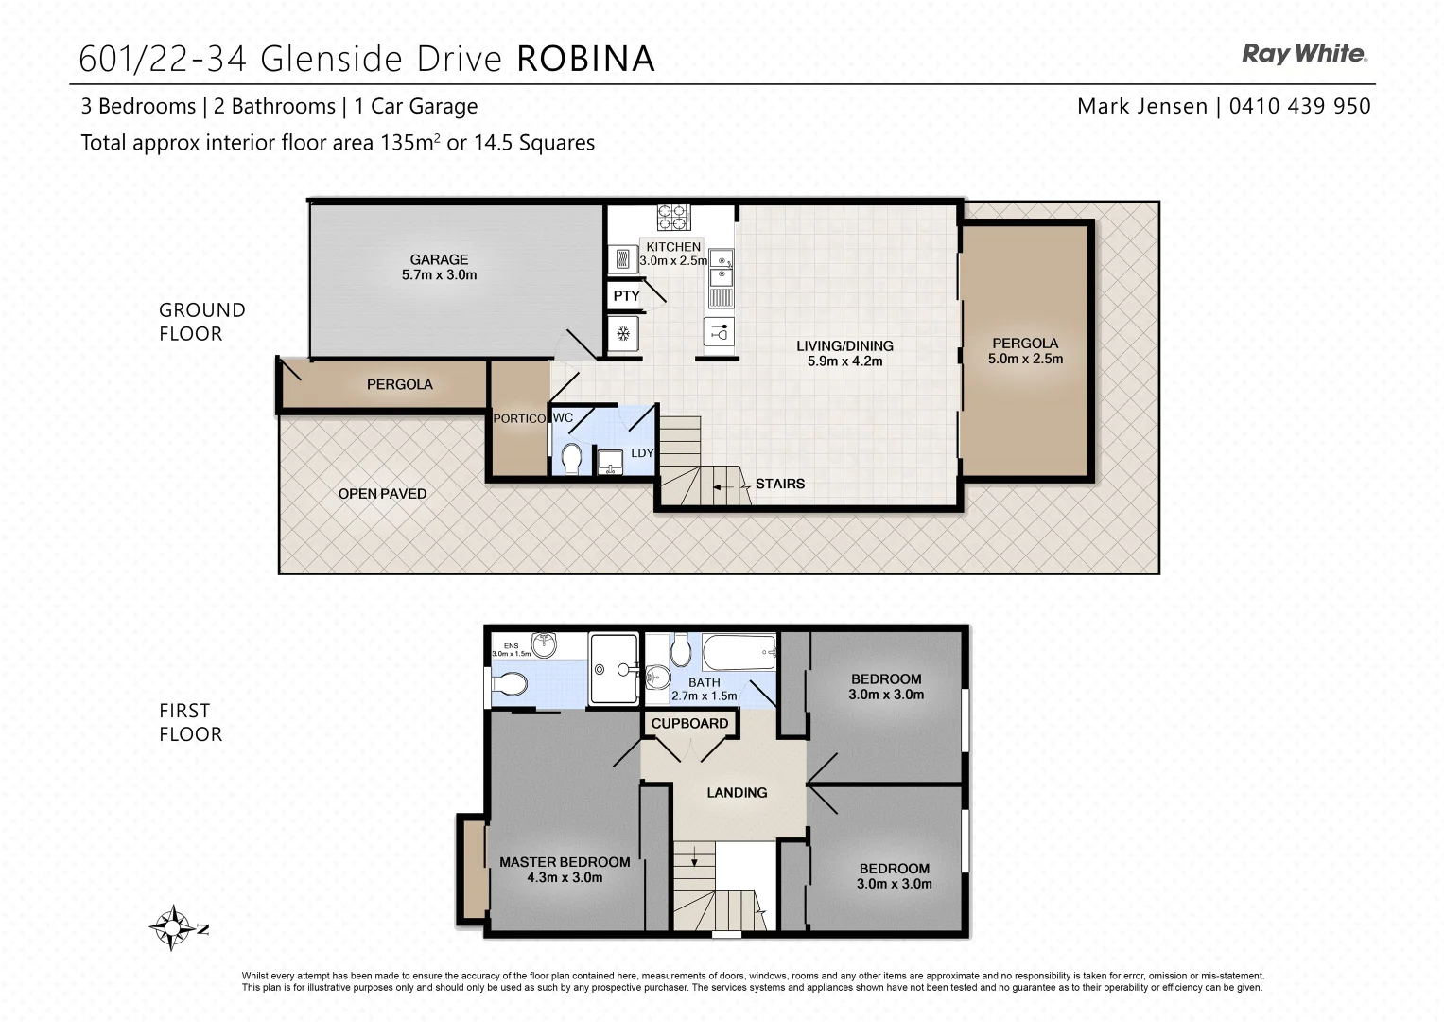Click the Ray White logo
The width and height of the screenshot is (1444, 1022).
click(1304, 54)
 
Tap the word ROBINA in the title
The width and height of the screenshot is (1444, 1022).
click(585, 59)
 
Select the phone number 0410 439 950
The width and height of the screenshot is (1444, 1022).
click(1299, 106)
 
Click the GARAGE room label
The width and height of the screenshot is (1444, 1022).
click(439, 259)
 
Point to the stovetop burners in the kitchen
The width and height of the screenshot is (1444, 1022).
click(674, 218)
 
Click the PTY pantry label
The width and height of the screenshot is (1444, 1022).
click(626, 296)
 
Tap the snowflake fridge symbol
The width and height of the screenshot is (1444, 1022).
click(623, 333)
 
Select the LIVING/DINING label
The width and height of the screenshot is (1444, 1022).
click(844, 345)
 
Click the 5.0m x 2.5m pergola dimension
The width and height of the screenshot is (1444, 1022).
click(1025, 359)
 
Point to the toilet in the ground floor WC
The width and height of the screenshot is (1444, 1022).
click(571, 459)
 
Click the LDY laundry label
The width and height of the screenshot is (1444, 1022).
click(642, 453)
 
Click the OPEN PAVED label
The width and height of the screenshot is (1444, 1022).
click(382, 493)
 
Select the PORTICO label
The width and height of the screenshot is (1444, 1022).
click(519, 418)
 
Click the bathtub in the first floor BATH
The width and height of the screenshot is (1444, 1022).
click(739, 652)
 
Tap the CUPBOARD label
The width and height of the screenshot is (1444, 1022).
click(689, 723)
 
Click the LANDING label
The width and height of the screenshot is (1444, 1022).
click(737, 792)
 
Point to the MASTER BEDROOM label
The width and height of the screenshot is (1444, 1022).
click(565, 862)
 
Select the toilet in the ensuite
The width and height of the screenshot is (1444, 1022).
click(511, 683)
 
